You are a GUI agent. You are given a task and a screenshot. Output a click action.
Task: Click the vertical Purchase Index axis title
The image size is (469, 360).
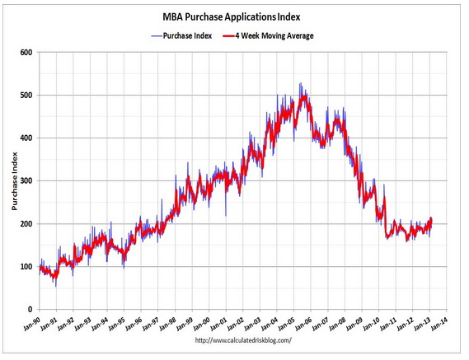coord(14,181)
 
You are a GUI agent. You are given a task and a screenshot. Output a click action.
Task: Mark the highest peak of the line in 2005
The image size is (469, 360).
coord(300,83)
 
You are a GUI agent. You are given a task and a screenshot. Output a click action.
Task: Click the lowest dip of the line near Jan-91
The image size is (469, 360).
coord(55,285)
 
